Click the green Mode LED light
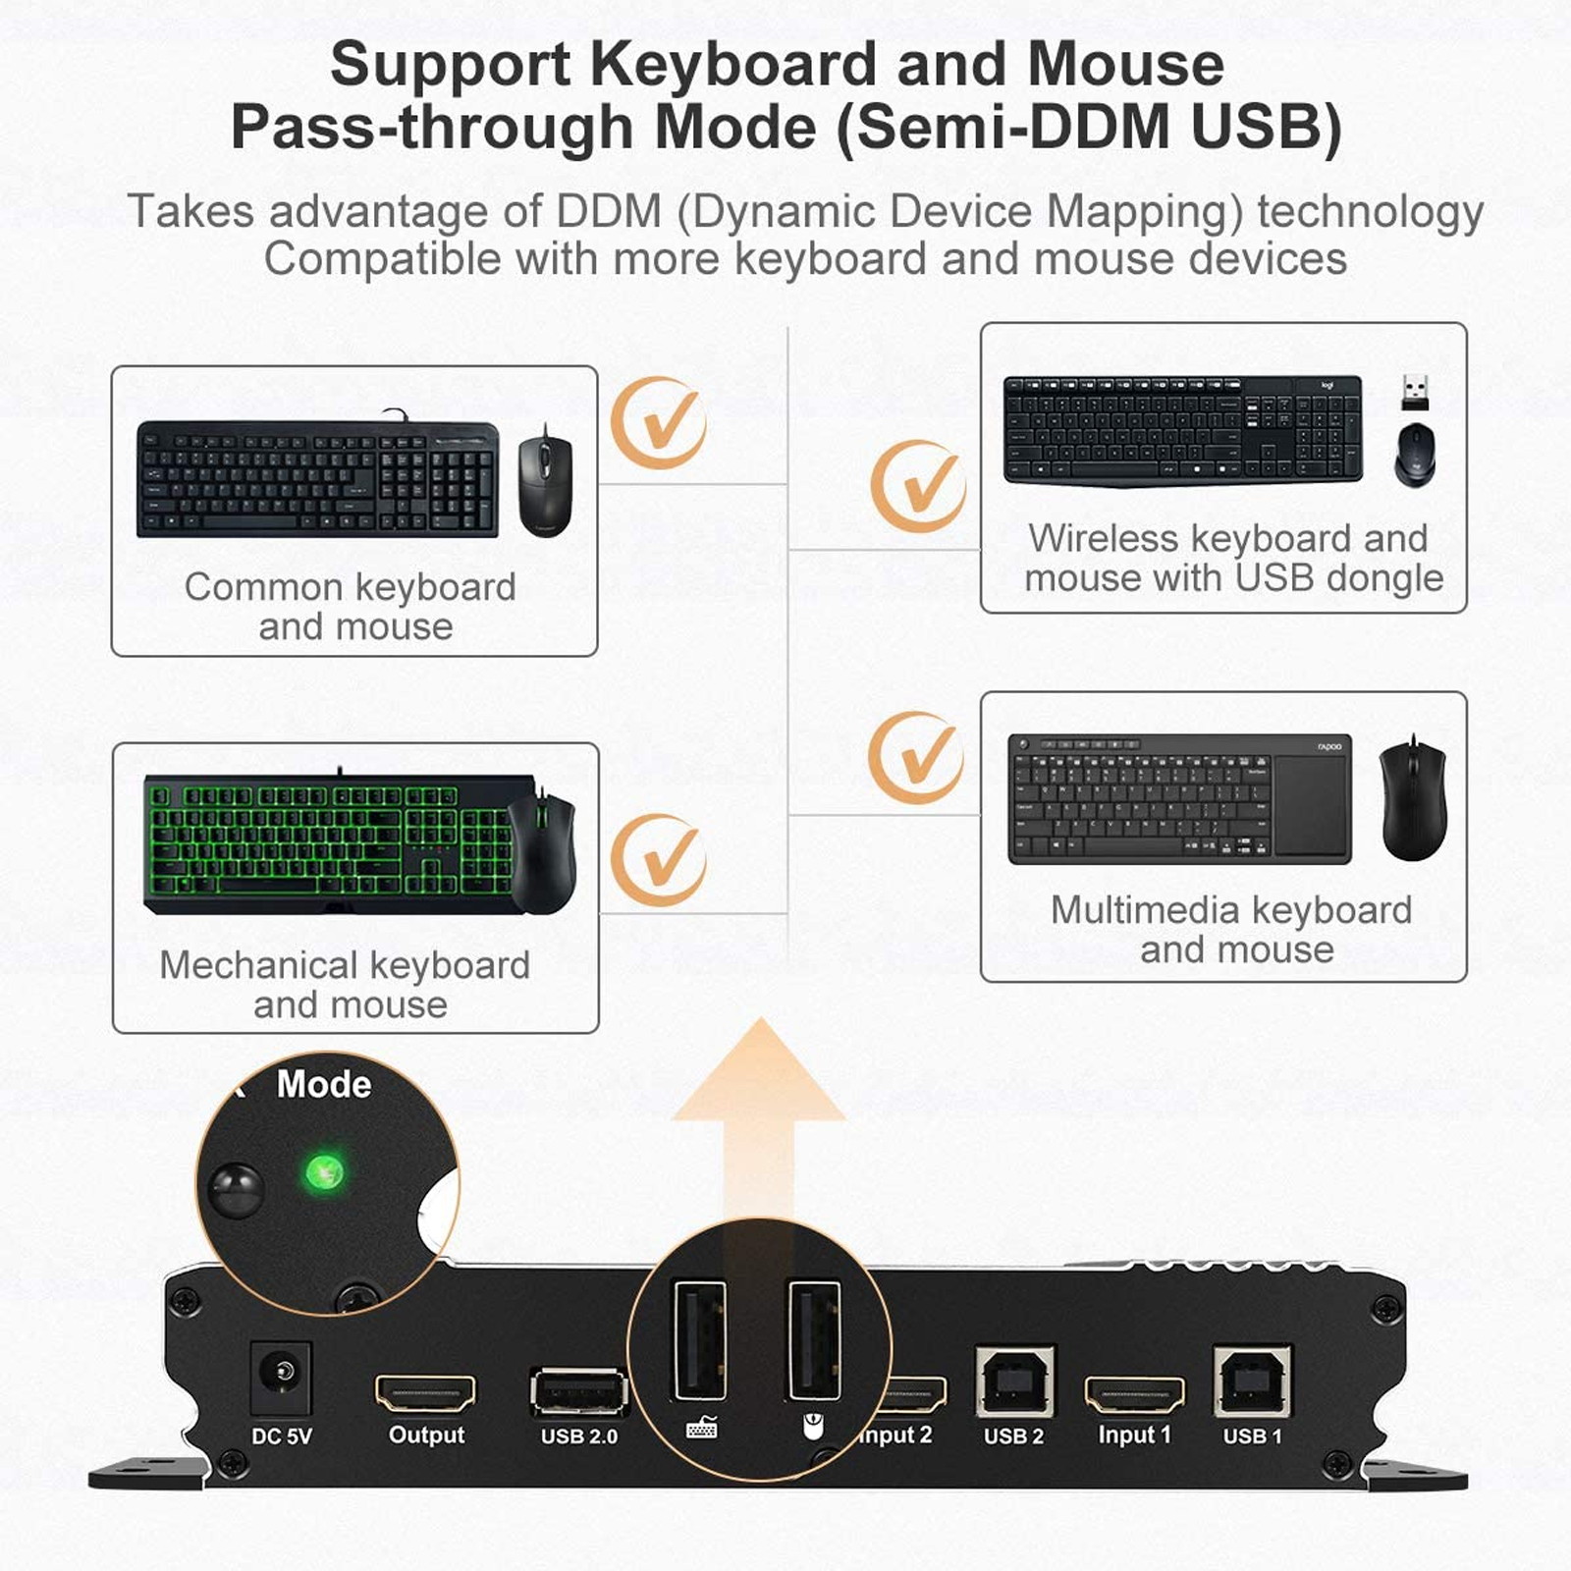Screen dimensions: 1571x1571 point(323,1171)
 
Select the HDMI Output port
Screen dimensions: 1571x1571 point(425,1392)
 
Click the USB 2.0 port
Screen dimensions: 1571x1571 point(578,1392)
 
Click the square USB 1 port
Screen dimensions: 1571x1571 point(1252,1381)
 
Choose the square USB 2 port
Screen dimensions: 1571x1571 point(1014,1381)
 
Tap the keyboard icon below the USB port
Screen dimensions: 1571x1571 point(701,1428)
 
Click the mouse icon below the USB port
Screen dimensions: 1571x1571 point(813,1426)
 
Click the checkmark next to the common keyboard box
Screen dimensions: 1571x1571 point(659,423)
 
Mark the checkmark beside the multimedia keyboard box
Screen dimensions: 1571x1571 point(915,757)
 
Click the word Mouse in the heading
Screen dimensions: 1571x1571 point(1125,65)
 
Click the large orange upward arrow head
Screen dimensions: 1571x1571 point(759,1075)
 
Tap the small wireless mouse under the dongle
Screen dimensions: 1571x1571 point(1414,454)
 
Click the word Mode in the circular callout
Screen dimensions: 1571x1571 point(324,1084)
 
